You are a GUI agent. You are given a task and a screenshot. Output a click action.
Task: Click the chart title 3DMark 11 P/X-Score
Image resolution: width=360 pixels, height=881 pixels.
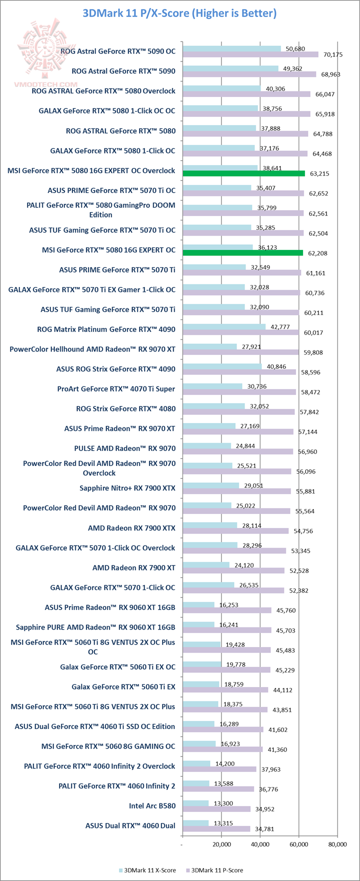179,12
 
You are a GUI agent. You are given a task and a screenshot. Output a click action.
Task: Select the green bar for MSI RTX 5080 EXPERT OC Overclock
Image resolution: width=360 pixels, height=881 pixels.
244,173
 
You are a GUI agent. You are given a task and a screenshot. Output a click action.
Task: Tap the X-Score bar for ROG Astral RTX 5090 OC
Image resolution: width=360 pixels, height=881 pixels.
231,48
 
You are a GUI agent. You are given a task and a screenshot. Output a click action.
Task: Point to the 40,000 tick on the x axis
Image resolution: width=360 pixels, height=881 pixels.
260,845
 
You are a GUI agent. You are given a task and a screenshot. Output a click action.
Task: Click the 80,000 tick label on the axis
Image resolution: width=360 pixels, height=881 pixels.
337,845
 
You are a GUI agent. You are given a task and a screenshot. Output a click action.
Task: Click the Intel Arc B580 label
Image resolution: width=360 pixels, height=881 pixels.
152,805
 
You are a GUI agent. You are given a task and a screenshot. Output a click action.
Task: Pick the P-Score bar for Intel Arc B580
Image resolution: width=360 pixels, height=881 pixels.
216,809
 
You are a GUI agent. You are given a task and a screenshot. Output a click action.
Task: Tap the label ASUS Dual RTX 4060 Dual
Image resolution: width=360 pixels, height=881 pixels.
130,825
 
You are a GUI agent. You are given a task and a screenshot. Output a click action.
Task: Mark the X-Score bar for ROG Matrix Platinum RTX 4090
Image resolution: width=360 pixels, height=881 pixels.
224,326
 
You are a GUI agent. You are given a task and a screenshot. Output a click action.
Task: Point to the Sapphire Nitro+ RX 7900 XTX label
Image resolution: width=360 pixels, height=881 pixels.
127,488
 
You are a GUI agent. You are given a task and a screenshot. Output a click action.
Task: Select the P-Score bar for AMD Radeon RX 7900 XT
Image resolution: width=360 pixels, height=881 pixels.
233,570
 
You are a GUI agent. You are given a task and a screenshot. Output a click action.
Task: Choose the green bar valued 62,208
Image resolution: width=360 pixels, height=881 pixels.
243,253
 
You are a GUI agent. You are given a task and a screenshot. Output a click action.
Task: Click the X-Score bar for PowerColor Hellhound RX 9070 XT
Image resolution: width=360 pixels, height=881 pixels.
209,346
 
